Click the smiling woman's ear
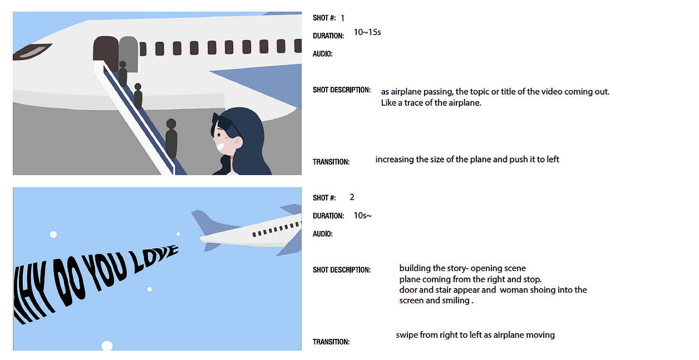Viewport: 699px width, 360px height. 238,142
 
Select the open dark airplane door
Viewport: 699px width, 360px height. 106,52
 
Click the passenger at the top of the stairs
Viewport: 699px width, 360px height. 123,73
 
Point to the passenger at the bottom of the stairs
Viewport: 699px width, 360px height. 171,138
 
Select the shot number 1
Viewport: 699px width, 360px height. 342,18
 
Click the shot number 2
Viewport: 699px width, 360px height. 352,197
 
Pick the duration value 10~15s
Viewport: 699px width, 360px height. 367,32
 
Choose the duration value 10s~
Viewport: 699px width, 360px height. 363,215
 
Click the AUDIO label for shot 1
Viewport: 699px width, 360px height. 323,54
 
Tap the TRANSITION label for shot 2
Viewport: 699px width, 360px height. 331,342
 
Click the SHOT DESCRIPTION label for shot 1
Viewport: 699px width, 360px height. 342,90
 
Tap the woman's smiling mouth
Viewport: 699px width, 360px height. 220,147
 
